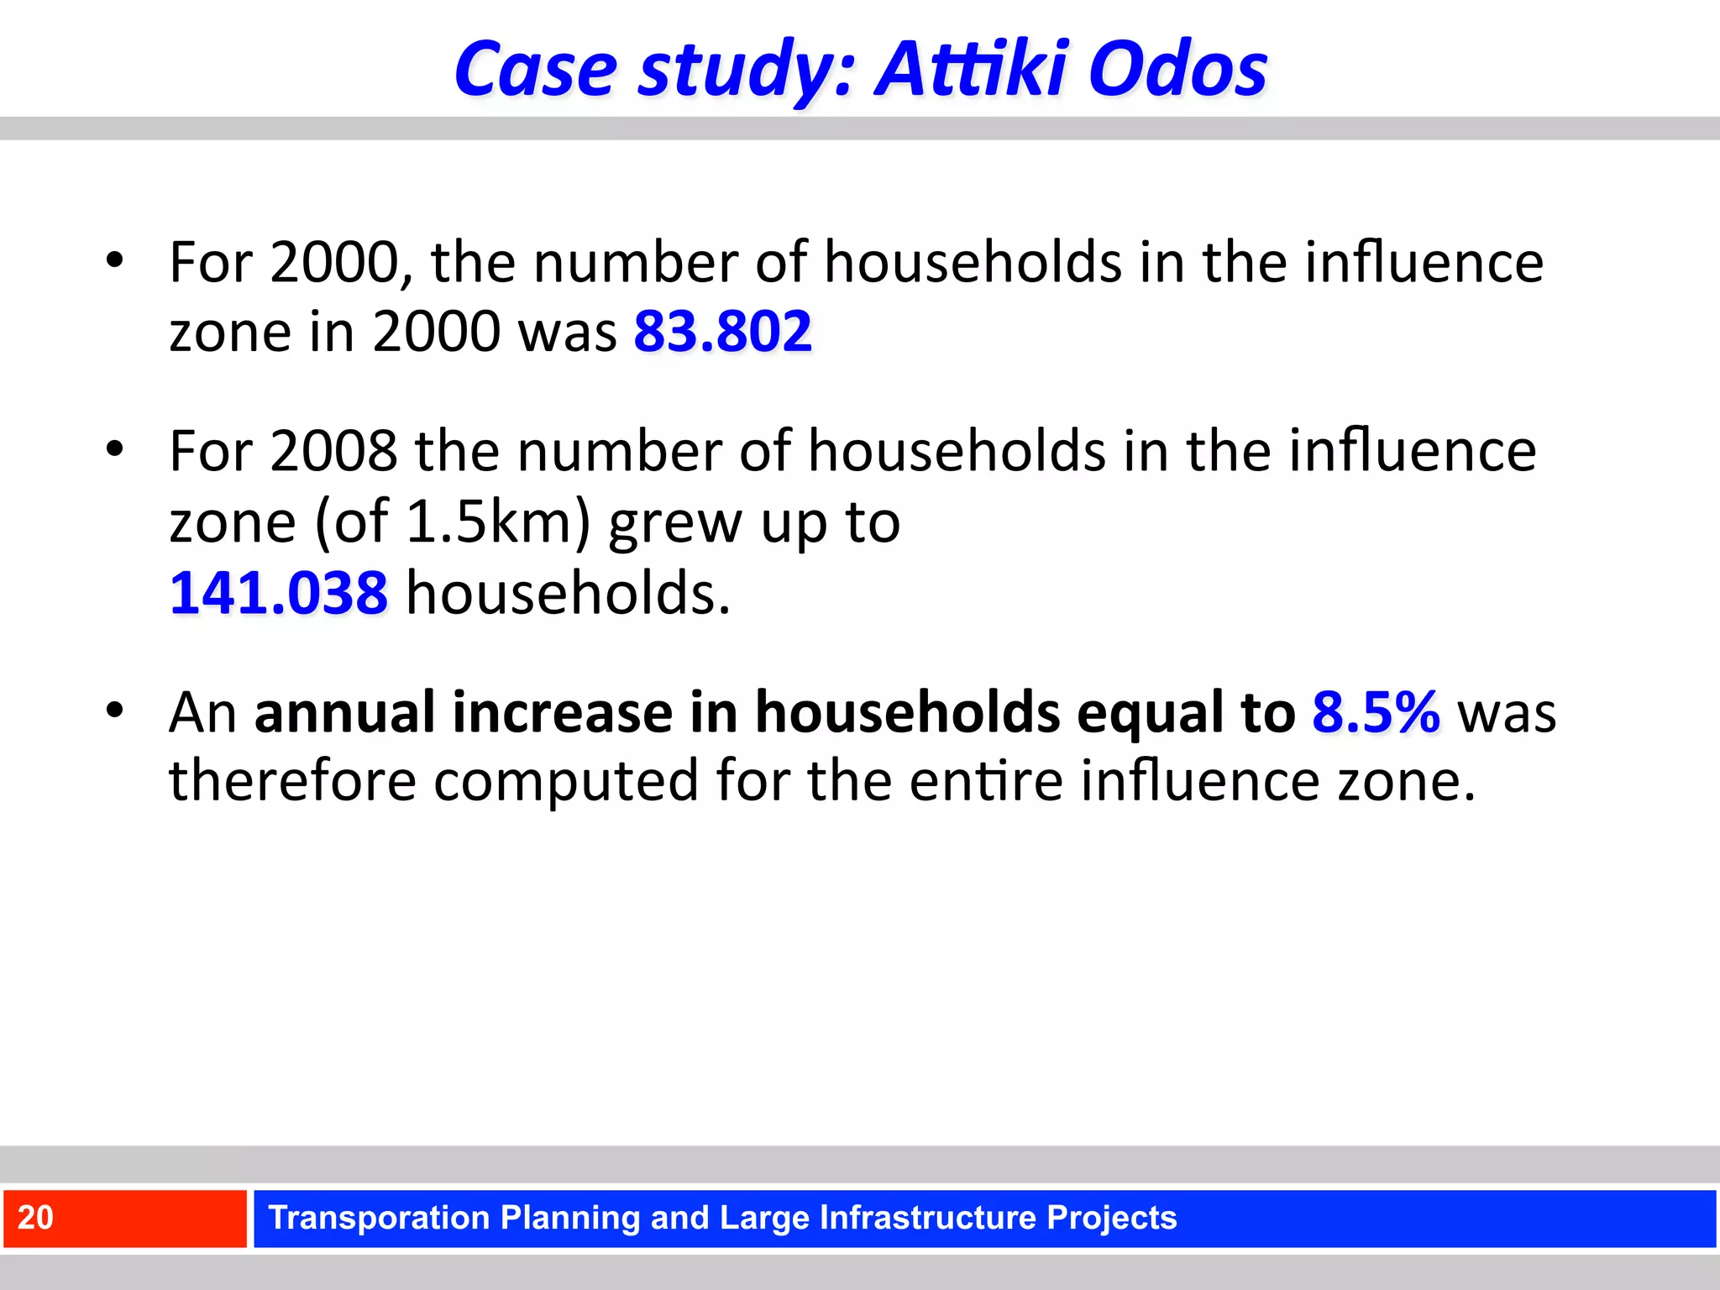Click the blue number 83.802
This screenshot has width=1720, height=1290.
[722, 331]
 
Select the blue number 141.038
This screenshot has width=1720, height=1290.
[278, 593]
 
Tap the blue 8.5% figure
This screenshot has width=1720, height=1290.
[1376, 712]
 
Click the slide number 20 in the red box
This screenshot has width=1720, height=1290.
[35, 1218]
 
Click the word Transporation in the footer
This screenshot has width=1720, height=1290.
[378, 1218]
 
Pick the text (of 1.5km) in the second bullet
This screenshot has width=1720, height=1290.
[453, 522]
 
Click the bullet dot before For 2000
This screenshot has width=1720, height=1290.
[115, 260]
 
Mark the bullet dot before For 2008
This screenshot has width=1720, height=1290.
[115, 448]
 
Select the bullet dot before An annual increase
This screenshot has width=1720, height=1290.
[115, 711]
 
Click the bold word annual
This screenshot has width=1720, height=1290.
[344, 712]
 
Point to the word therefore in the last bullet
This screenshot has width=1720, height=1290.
[292, 781]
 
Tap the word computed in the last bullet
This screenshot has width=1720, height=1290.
[565, 781]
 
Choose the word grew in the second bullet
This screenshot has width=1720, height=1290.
[675, 522]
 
